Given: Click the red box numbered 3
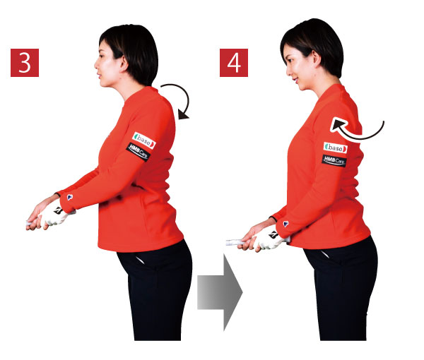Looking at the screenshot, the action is pos(25,63).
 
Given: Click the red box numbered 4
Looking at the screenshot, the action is pos(234,63).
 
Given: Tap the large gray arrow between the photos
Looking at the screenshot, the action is pos(220,292).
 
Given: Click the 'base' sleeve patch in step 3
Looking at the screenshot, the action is pos(144,140).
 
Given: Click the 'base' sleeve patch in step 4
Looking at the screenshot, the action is pos(335,148).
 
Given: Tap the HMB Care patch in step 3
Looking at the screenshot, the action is pos(139,152).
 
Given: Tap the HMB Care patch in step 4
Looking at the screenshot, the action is pos(334,161).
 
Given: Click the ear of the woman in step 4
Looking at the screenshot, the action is pos(317,59).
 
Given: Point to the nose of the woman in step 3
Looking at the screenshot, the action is pos(96,65).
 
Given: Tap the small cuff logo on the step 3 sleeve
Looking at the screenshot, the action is pos(70,197).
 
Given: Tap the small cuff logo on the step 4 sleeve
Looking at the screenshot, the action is pos(285,224).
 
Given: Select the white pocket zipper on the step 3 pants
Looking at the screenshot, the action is pos(141,260).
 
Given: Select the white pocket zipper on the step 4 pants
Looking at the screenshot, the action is pos(324,254).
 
